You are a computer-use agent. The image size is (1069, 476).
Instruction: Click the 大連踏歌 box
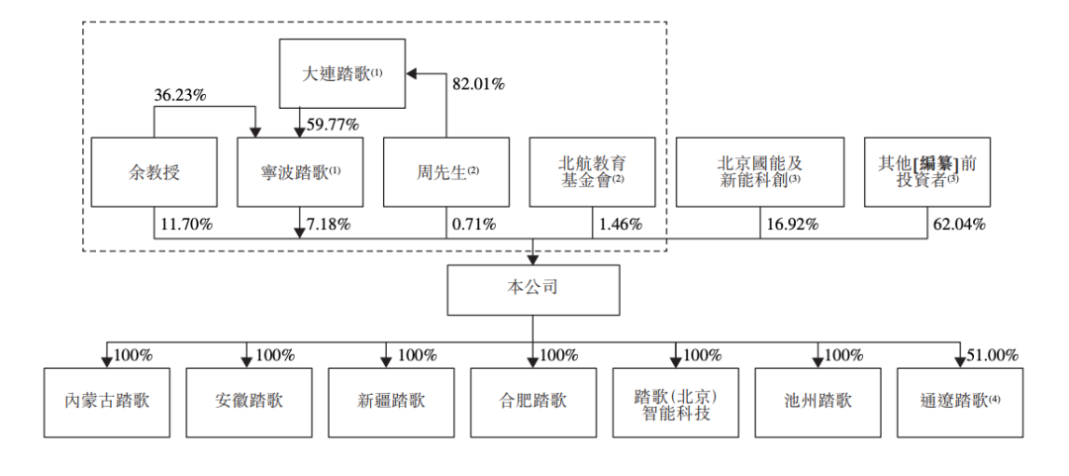point(342,73)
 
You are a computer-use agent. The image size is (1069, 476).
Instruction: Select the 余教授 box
point(154,172)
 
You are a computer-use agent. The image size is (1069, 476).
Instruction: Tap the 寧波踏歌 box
point(300,172)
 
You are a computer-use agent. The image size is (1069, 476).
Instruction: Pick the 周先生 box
point(445,172)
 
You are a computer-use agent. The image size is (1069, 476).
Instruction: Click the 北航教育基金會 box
point(592,172)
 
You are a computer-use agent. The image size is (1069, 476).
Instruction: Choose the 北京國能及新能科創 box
point(759,172)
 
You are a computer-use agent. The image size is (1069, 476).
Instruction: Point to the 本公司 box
point(534,290)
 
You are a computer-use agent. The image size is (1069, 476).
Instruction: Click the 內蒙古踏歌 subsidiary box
point(106,403)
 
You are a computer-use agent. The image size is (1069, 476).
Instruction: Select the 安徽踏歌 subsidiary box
point(248,403)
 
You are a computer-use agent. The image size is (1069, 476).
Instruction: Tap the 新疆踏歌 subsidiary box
point(391,403)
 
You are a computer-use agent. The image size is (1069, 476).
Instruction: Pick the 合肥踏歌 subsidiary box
point(534,403)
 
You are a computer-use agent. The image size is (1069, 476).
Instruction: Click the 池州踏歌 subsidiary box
point(818,403)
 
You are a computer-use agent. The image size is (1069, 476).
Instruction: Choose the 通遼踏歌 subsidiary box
point(960,403)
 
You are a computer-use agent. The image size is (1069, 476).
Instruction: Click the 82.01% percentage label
point(479,84)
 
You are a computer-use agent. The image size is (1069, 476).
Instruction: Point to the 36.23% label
point(180,96)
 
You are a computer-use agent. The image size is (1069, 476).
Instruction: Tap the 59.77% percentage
point(334,125)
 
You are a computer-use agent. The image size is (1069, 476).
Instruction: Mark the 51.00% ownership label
point(993,355)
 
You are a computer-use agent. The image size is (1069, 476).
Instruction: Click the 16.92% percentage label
point(792,225)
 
